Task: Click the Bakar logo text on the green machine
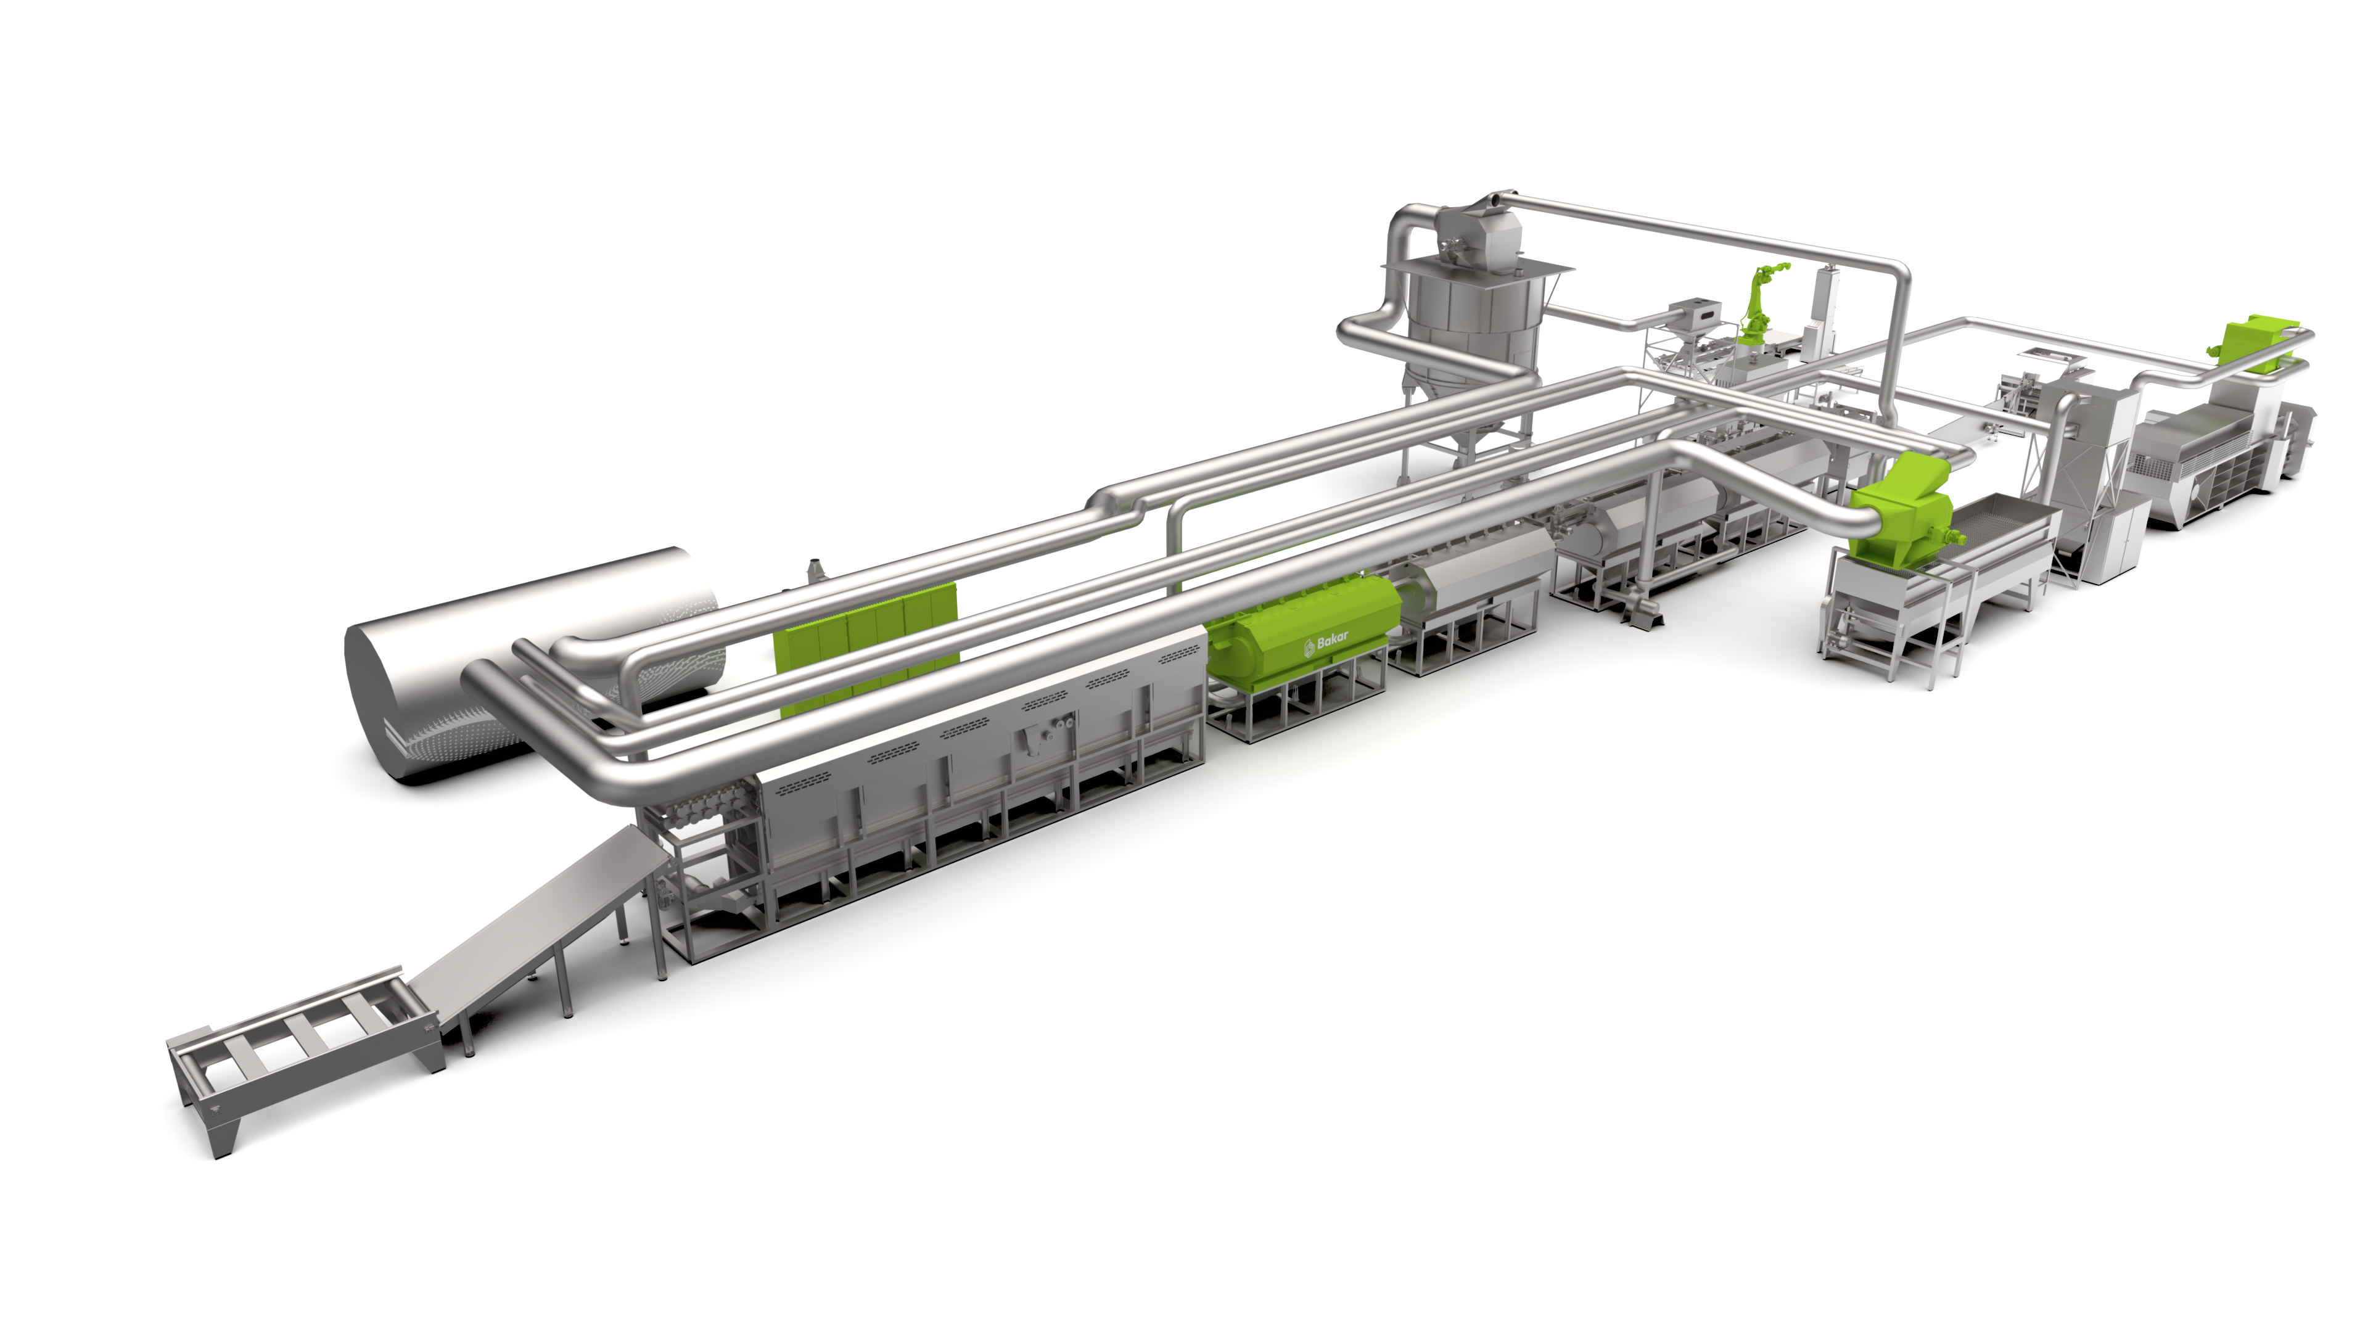[1326, 643]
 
